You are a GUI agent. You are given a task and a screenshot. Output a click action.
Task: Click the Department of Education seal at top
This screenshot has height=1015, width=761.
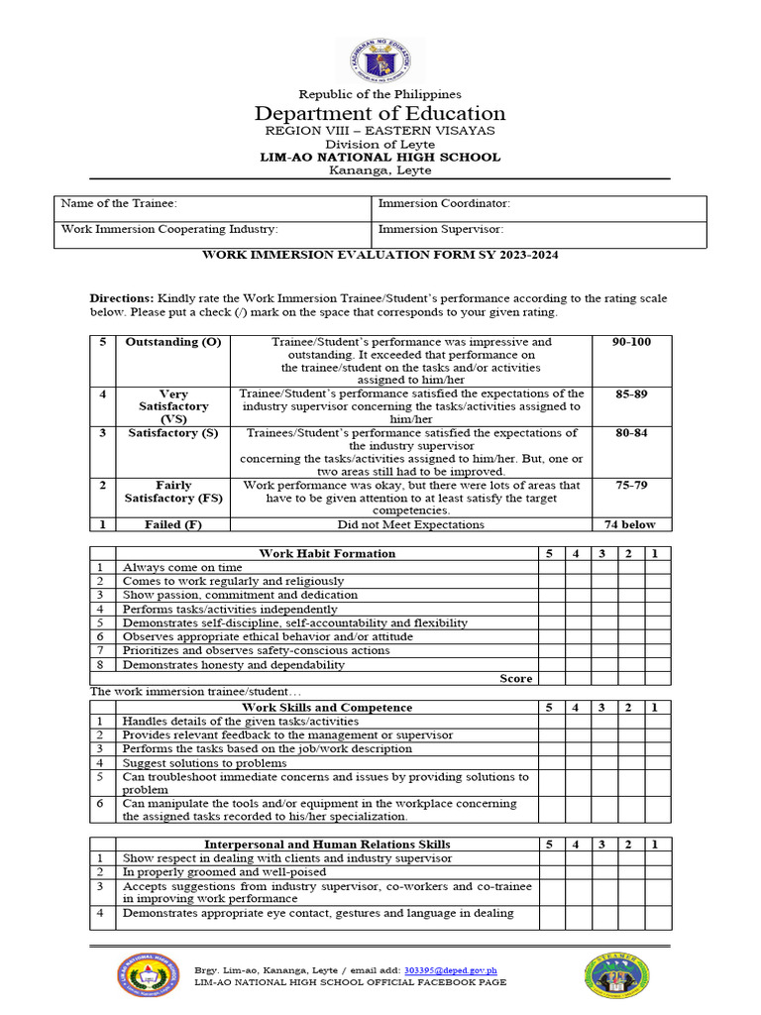click(x=380, y=60)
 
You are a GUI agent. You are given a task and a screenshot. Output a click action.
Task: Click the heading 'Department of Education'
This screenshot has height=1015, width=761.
click(x=380, y=113)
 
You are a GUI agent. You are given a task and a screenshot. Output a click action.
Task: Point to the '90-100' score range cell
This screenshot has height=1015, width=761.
click(x=631, y=342)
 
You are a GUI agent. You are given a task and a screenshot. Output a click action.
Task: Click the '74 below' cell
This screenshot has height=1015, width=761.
click(x=631, y=524)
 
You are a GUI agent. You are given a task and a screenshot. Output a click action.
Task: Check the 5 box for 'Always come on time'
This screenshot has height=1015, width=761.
click(x=549, y=567)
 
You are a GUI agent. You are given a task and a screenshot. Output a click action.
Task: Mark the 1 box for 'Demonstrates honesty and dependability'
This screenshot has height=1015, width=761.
click(x=655, y=664)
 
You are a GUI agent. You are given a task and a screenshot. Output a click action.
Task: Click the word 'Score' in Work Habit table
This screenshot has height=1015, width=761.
click(x=515, y=678)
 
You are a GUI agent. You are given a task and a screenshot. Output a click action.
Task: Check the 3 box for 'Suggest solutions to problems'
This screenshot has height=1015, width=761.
click(x=602, y=763)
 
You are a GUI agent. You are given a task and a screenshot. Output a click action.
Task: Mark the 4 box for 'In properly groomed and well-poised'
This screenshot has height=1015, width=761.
click(x=576, y=871)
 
